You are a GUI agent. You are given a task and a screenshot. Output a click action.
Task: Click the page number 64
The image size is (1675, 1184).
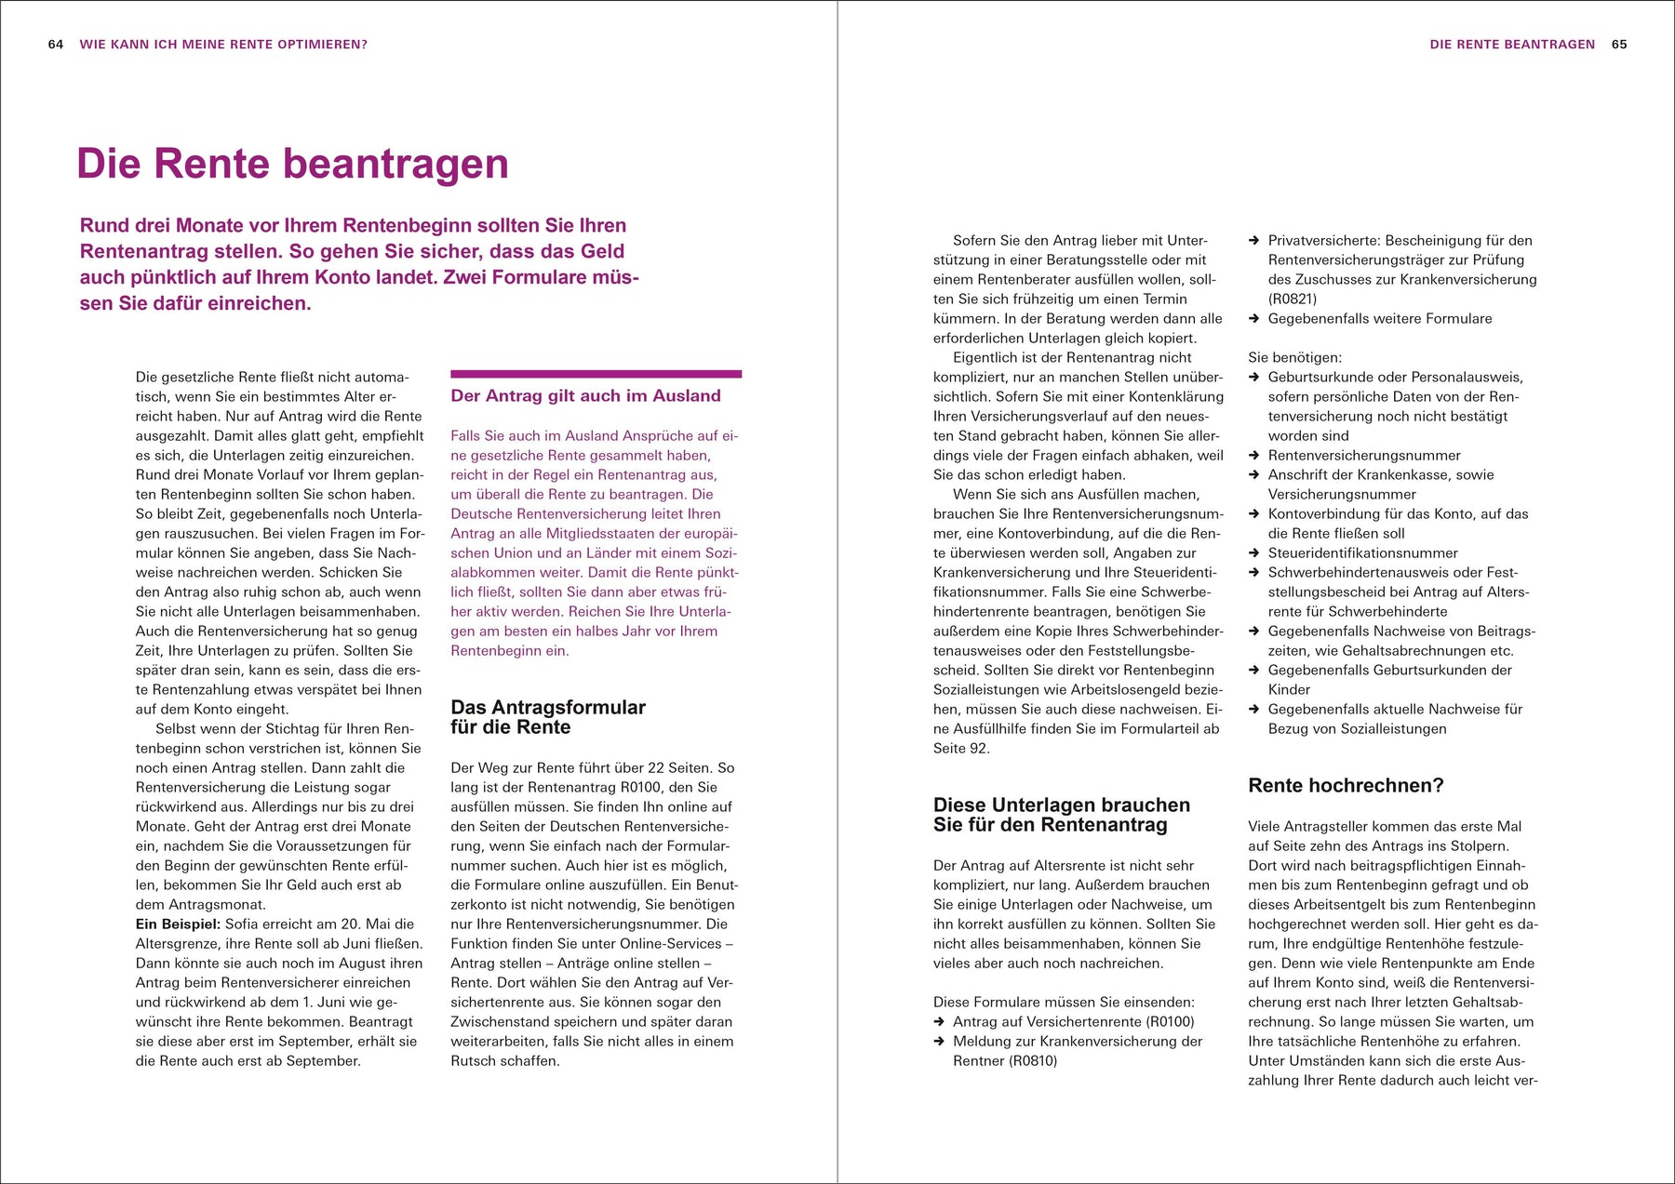[x=56, y=45]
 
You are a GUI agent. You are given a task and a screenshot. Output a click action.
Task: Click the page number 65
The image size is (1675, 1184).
[x=1619, y=45]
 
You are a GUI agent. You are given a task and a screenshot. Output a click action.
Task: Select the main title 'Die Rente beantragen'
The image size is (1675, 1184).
[x=292, y=164]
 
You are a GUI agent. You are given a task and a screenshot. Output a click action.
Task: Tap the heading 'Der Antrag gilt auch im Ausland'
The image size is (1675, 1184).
[x=585, y=395]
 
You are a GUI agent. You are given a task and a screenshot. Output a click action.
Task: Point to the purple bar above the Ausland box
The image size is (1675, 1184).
[x=596, y=374]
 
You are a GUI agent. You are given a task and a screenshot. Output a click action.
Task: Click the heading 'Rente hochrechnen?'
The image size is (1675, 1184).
[x=1346, y=786]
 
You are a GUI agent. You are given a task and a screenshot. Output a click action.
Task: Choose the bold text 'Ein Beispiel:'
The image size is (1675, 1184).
[x=178, y=925]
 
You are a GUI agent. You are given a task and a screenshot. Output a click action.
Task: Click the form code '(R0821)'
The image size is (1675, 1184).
[x=1293, y=299]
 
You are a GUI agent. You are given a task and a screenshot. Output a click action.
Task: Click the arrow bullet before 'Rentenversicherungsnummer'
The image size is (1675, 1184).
[x=1253, y=456]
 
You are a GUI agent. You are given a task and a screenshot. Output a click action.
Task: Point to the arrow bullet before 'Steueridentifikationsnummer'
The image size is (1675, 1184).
[x=1253, y=553]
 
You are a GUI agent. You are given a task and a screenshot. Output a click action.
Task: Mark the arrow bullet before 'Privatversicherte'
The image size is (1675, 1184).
[x=1253, y=241]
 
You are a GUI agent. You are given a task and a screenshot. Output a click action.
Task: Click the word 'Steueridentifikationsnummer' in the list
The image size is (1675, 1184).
[x=1362, y=553]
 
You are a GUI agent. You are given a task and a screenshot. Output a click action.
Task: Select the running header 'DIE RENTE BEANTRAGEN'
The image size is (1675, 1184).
[x=1512, y=45]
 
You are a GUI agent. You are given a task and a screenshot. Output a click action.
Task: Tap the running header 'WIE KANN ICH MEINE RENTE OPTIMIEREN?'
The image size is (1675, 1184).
[x=223, y=45]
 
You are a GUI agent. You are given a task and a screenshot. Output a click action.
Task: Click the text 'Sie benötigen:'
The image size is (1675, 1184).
[x=1294, y=358]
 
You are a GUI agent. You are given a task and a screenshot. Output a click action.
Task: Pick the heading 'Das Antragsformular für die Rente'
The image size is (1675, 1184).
[x=548, y=717]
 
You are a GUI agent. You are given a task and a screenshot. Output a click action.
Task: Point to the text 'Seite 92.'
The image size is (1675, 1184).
[x=961, y=749]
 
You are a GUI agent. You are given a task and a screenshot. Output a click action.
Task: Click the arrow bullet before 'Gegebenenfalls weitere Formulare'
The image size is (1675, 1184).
[x=1253, y=319]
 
